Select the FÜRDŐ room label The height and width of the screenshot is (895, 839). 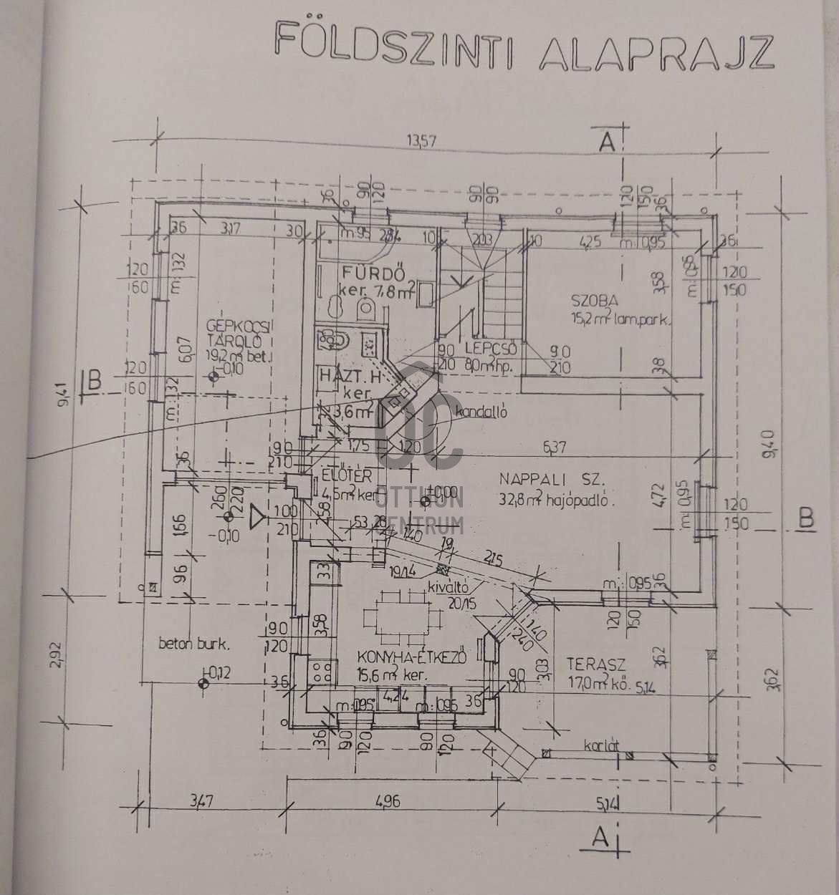click(374, 274)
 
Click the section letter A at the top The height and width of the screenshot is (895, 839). click(608, 142)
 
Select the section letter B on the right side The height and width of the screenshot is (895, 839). click(807, 518)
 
